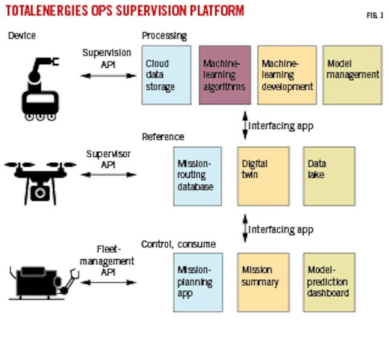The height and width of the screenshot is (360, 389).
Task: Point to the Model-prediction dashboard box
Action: click(329, 281)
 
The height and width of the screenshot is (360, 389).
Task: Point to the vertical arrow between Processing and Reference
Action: click(244, 125)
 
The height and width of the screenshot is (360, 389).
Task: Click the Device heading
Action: click(21, 35)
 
